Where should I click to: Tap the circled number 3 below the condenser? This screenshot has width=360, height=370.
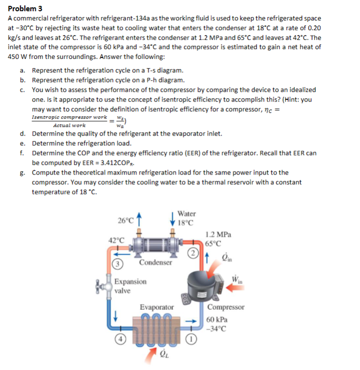click(x=118, y=264)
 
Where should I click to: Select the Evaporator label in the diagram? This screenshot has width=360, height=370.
click(x=157, y=307)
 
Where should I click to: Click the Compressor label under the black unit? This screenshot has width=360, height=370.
click(x=225, y=307)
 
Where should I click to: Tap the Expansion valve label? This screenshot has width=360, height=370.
click(x=130, y=286)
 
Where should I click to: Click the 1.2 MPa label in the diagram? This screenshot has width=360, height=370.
click(x=218, y=234)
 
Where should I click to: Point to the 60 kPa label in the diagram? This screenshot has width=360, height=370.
click(x=216, y=318)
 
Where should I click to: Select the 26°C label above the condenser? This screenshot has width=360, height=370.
click(x=126, y=219)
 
